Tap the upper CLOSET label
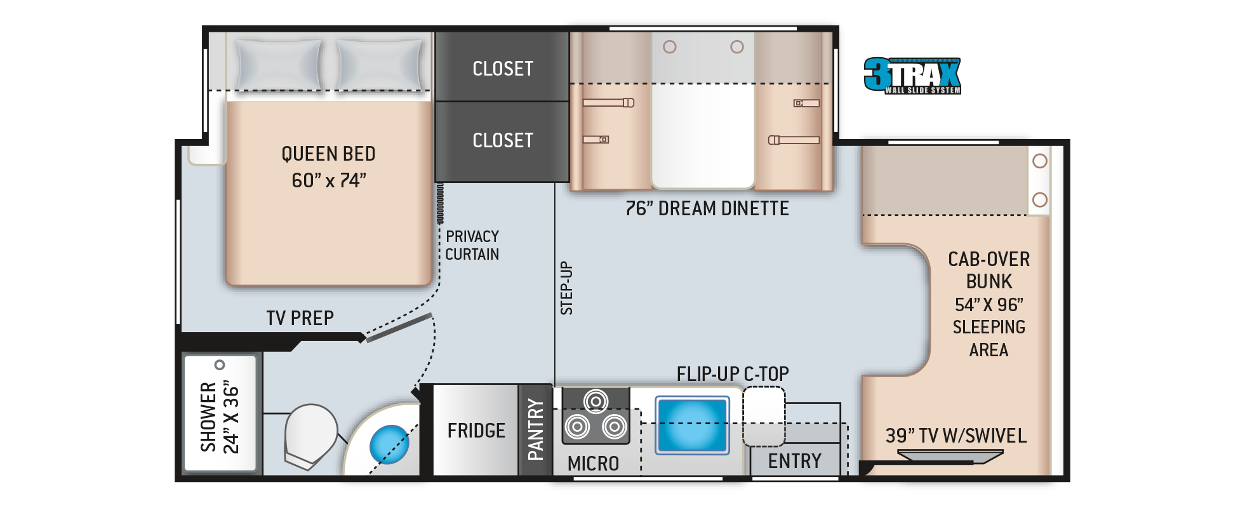pyautogui.click(x=502, y=69)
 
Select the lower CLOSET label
pyautogui.click(x=502, y=140)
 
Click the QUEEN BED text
pyautogui.click(x=328, y=154)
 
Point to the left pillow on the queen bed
pyautogui.click(x=278, y=64)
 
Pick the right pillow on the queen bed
pyautogui.click(x=379, y=64)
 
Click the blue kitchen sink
pyautogui.click(x=692, y=424)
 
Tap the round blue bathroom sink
pyautogui.click(x=388, y=444)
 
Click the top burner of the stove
pyautogui.click(x=596, y=401)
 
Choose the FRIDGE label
pyautogui.click(x=476, y=431)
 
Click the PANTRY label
pyautogui.click(x=535, y=429)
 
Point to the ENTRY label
pyautogui.click(x=794, y=461)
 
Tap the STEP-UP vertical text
pyautogui.click(x=566, y=288)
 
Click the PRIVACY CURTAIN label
pyautogui.click(x=472, y=245)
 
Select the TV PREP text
pyautogui.click(x=300, y=317)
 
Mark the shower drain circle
pyautogui.click(x=220, y=364)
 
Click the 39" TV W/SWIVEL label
pyautogui.click(x=955, y=436)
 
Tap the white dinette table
pyautogui.click(x=703, y=137)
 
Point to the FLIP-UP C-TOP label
pyautogui.click(x=733, y=373)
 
